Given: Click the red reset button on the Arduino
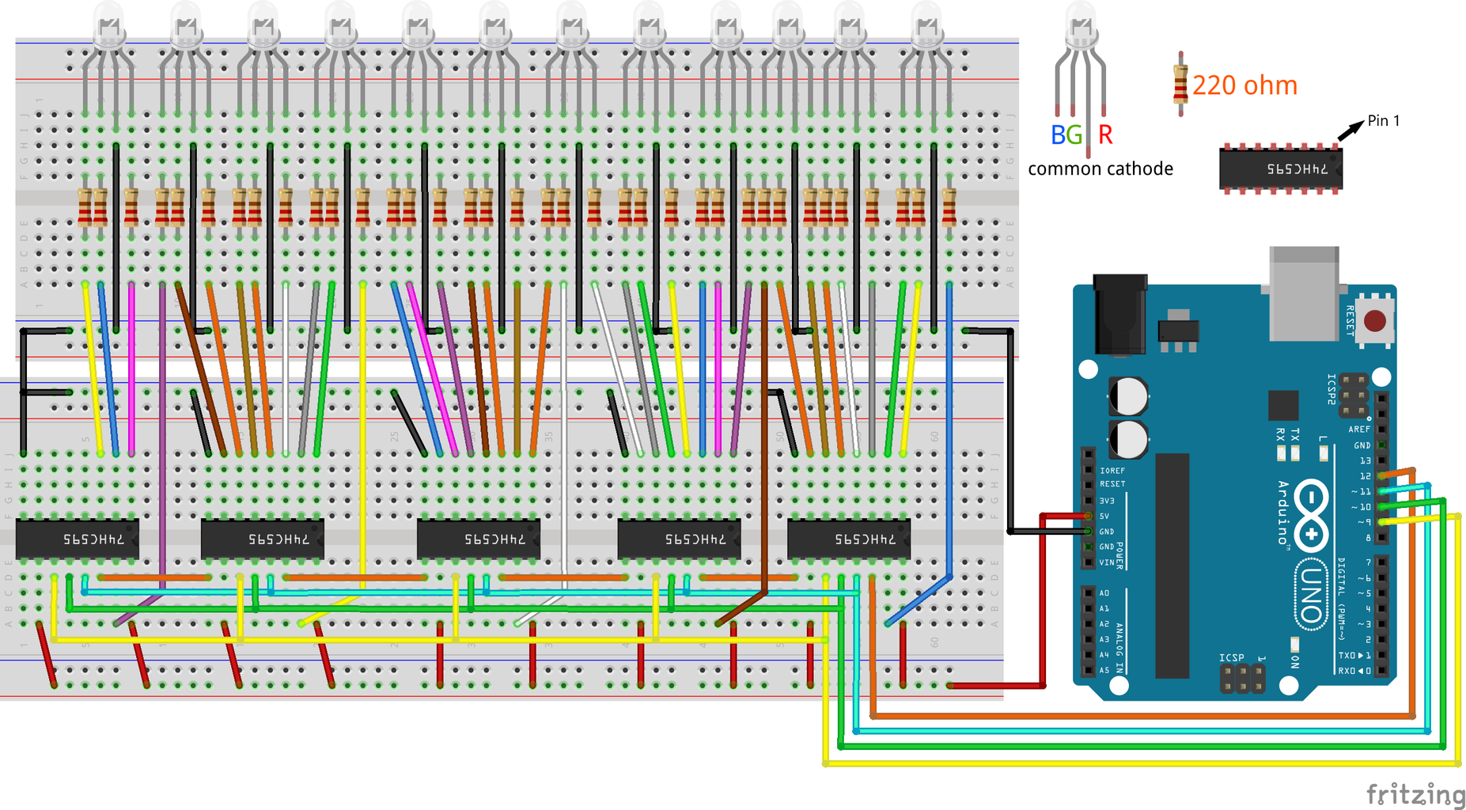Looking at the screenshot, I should click(x=1375, y=320).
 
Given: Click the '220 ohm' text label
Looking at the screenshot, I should click(x=1244, y=85).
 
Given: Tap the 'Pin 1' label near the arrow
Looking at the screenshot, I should click(x=1384, y=120).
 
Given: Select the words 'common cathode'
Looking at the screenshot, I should click(x=1100, y=168).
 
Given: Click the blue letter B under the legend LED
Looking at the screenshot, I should click(x=1058, y=135).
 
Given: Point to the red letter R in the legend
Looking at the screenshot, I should click(x=1105, y=135).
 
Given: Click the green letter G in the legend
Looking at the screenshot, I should click(x=1073, y=135).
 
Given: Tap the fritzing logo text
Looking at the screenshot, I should click(x=1415, y=793).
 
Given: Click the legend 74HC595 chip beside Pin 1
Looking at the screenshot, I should click(x=1280, y=168).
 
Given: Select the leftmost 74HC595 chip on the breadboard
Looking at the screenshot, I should click(x=78, y=539).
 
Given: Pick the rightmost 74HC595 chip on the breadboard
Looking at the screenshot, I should click(x=848, y=539).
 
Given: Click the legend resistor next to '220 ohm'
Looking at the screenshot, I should click(x=1180, y=84).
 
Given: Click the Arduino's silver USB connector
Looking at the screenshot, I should click(x=1304, y=293).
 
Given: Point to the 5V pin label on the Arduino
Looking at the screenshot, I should click(x=1104, y=516).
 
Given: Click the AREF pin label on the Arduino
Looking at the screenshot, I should click(x=1359, y=430).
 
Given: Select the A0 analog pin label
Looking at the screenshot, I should click(x=1104, y=592).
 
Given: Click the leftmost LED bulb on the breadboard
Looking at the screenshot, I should click(x=108, y=25).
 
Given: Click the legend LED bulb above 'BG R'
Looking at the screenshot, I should click(x=1081, y=24).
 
